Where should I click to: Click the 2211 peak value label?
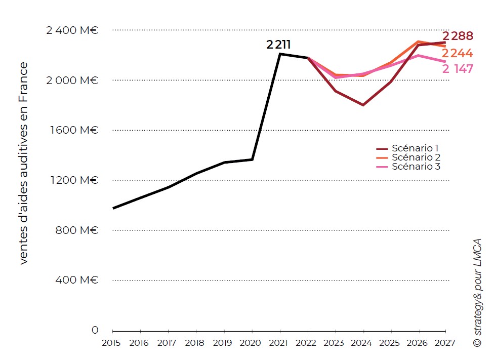coord(278,45)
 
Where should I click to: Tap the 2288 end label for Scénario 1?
coord(458,36)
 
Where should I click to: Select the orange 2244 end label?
coord(457,54)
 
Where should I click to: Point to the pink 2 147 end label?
coord(458,69)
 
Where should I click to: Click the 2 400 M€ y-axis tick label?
coord(72,30)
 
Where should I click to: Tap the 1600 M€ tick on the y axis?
coord(73,130)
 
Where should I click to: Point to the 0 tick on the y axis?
coord(95,330)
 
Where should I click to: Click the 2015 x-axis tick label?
coord(112,343)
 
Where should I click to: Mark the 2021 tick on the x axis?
coord(278,343)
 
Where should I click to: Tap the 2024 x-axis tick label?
coord(361,343)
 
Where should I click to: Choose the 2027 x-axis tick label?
coord(444,343)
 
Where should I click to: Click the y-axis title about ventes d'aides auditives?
coord(23,163)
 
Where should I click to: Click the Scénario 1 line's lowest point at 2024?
coord(363,105)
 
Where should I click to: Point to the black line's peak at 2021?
coord(280,54)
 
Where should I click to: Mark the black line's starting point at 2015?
coord(113,208)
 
